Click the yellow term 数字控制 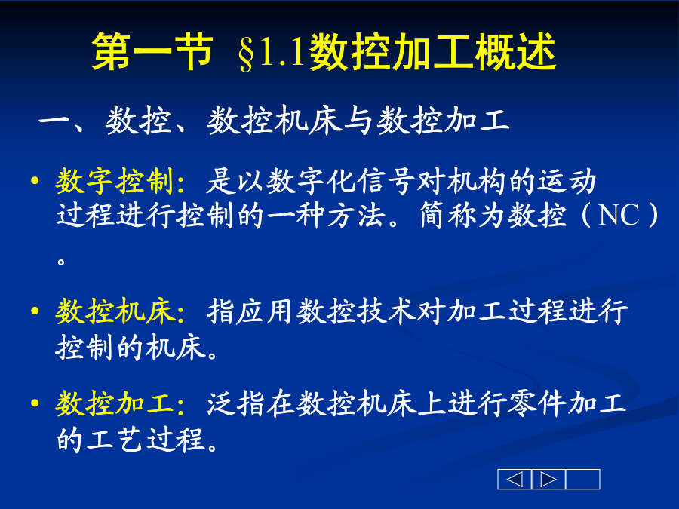pos(115,180)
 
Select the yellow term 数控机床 pos(115,311)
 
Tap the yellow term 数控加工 pos(115,403)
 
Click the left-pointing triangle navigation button pos(515,479)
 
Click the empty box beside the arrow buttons pos(583,479)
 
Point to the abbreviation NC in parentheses pos(619,215)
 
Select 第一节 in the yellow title pos(152,52)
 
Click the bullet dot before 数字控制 pos(35,180)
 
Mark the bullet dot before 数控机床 pos(35,311)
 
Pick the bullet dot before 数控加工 pos(35,403)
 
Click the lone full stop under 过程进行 pos(61,261)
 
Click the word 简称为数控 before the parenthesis pos(493,215)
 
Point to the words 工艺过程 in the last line pos(146,440)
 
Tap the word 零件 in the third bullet pos(538,403)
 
